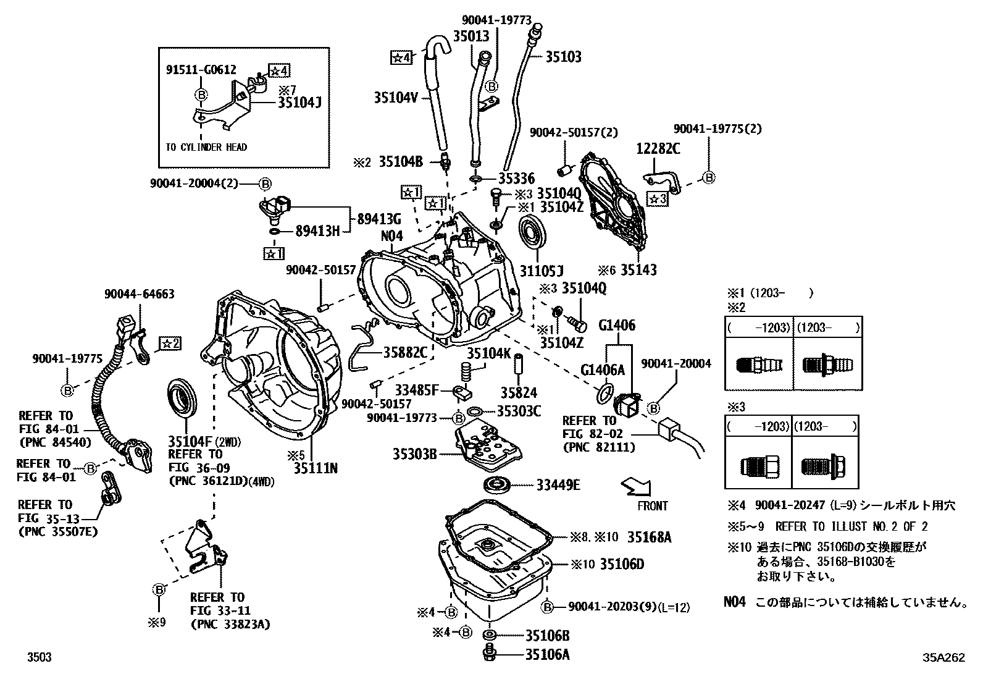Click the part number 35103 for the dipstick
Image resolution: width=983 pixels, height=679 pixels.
563,57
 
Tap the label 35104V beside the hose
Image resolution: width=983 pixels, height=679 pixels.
396,97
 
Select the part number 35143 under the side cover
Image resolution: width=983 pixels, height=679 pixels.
638,270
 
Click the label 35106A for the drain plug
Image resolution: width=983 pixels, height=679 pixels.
547,654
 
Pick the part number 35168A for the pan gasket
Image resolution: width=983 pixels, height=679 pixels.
650,538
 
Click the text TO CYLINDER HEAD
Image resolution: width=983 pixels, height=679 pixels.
206,147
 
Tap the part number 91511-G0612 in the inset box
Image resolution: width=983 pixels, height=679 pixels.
201,70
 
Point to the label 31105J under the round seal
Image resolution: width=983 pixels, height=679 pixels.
542,270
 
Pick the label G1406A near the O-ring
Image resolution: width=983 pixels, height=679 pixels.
603,370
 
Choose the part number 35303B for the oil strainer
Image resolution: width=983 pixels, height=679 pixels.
414,455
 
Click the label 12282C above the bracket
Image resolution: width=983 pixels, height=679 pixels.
658,149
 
